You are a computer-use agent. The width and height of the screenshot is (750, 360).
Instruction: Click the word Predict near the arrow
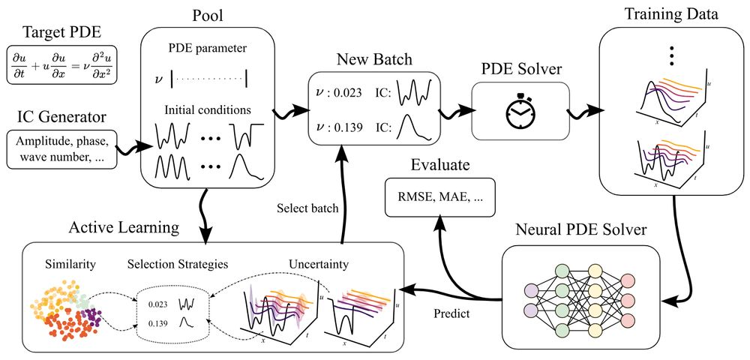click(451, 313)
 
